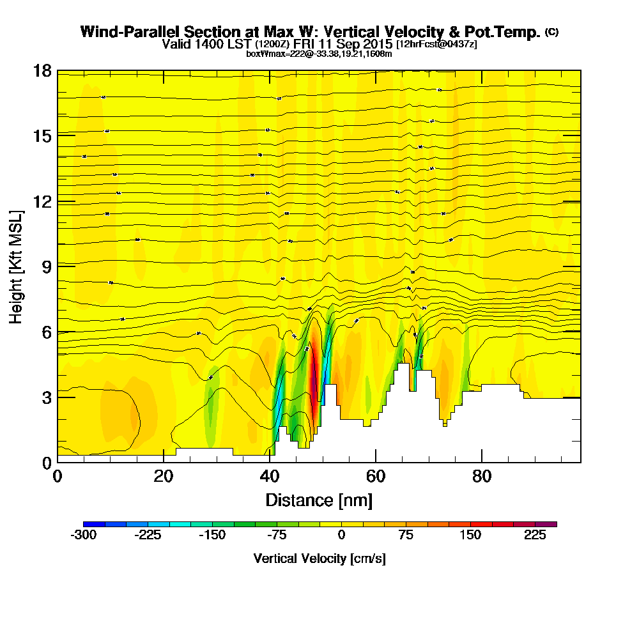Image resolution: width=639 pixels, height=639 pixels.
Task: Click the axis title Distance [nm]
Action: [x=319, y=499]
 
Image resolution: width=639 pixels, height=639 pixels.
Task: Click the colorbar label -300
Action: [x=83, y=535]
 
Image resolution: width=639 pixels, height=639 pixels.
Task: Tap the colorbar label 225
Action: [x=535, y=535]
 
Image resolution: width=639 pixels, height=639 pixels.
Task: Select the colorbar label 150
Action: [x=470, y=535]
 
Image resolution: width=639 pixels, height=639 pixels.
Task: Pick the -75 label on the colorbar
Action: [x=277, y=535]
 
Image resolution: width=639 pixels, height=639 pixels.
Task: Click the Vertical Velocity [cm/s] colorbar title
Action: [x=319, y=558]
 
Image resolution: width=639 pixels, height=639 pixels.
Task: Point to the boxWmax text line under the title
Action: [x=319, y=54]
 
